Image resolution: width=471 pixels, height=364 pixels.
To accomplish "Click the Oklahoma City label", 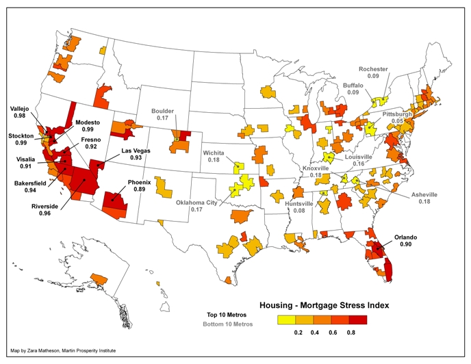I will click(x=203, y=204).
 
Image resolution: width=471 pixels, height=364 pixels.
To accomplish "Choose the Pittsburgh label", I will click(x=397, y=114).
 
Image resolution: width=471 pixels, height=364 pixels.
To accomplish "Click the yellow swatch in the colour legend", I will click(x=287, y=319).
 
